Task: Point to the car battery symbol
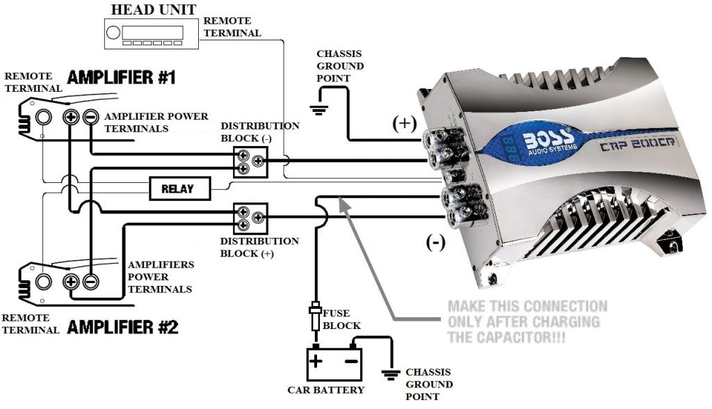tap(333, 362)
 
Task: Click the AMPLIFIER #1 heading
tap(121, 78)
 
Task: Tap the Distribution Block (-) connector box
tap(250, 162)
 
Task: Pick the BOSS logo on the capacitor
tap(540, 137)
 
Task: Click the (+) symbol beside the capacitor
tap(404, 124)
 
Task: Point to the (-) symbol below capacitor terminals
tap(435, 243)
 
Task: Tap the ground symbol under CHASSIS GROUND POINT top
tap(319, 109)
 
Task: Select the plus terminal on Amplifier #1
tap(70, 117)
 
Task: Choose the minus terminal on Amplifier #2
tap(90, 282)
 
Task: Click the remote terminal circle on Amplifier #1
tap(43, 117)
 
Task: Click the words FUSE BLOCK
tap(342, 321)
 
